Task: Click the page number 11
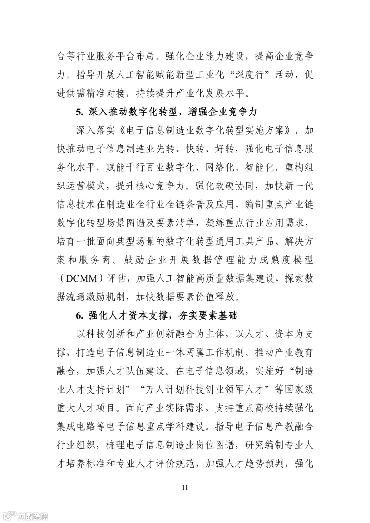pyautogui.click(x=185, y=487)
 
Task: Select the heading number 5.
pyautogui.click(x=79, y=112)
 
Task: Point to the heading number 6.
pyautogui.click(x=79, y=315)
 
